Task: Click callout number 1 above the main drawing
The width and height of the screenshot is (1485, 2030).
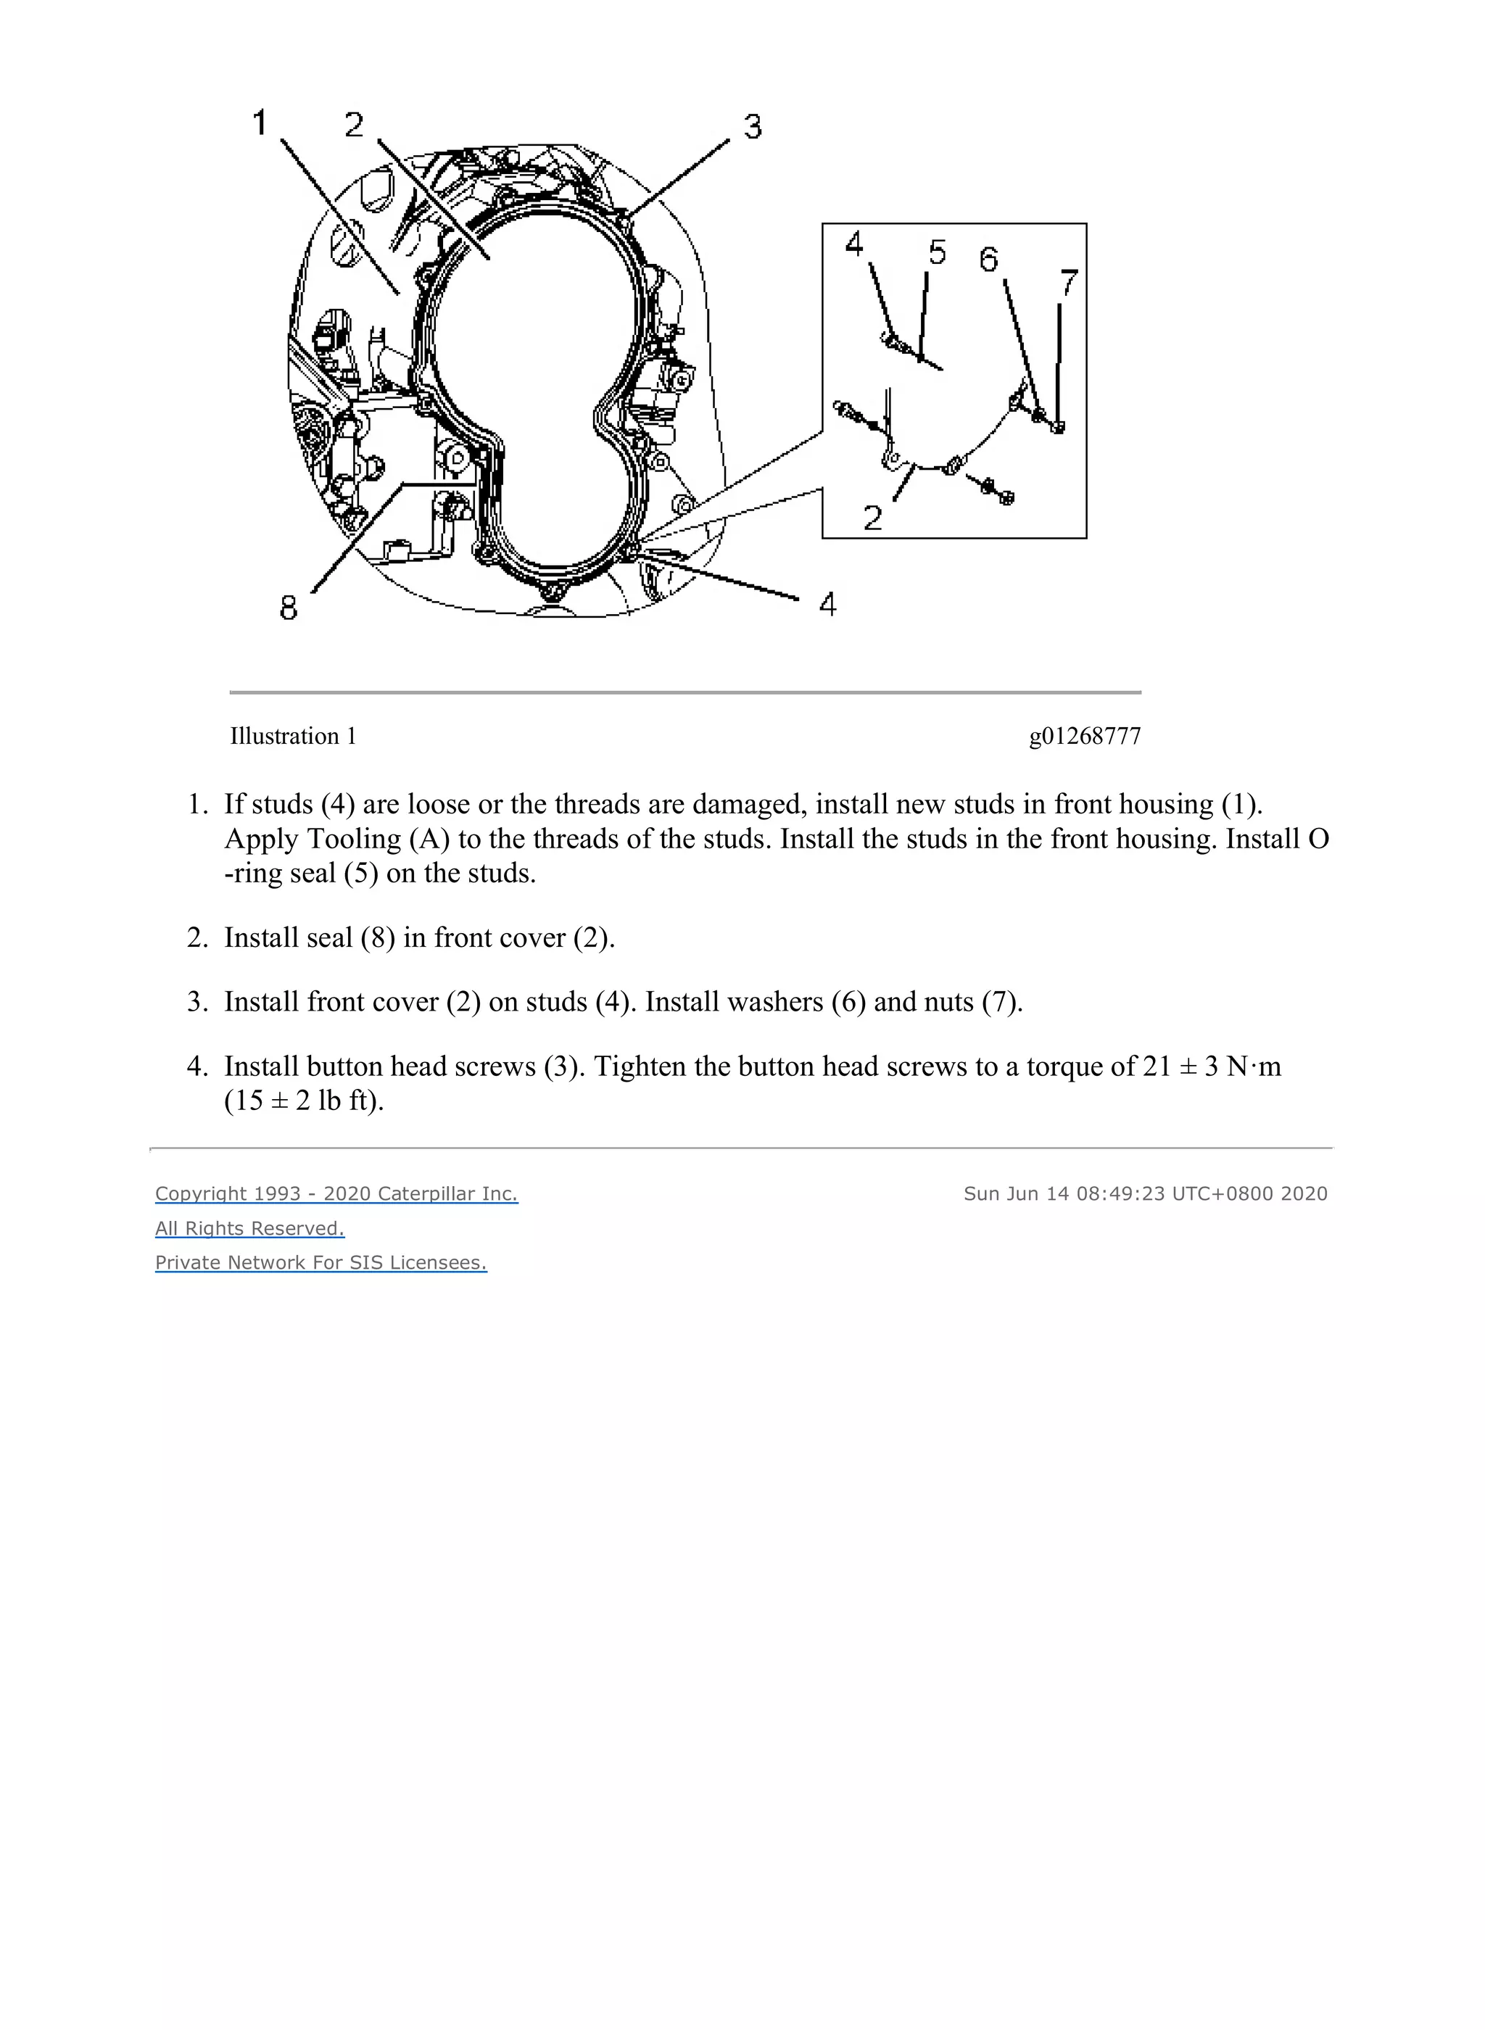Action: tap(260, 123)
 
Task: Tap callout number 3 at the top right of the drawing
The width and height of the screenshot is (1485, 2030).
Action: tap(753, 127)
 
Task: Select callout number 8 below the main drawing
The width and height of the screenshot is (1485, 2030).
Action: tap(288, 608)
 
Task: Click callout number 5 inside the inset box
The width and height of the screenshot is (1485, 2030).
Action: tap(937, 252)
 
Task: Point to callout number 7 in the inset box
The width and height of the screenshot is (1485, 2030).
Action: tap(1068, 283)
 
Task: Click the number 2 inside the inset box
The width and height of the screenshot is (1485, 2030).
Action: tap(872, 518)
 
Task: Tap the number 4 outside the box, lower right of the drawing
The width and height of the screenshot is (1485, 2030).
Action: tap(828, 604)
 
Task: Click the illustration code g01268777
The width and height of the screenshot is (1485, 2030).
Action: tap(1084, 736)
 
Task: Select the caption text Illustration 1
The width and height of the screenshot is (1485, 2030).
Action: tap(293, 736)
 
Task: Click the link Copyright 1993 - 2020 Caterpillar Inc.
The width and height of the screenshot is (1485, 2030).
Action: tap(336, 1193)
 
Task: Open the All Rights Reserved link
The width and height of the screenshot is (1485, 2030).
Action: tap(250, 1227)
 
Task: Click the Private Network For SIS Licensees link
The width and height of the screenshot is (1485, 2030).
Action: tap(321, 1261)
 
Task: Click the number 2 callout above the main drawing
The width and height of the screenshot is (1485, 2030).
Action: tap(354, 125)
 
